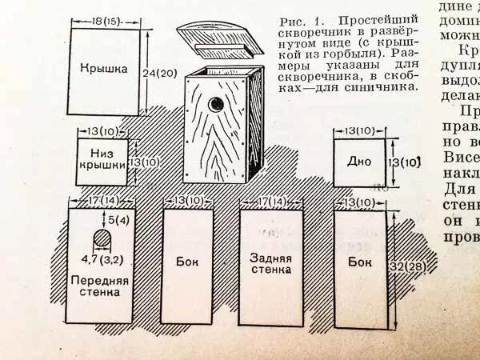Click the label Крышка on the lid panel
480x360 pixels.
[104, 70]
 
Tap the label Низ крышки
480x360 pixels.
[102, 157]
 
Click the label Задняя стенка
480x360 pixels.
[270, 264]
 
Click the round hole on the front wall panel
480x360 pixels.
[102, 238]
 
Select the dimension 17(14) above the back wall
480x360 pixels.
[272, 200]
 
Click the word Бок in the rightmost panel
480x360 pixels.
[360, 262]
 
